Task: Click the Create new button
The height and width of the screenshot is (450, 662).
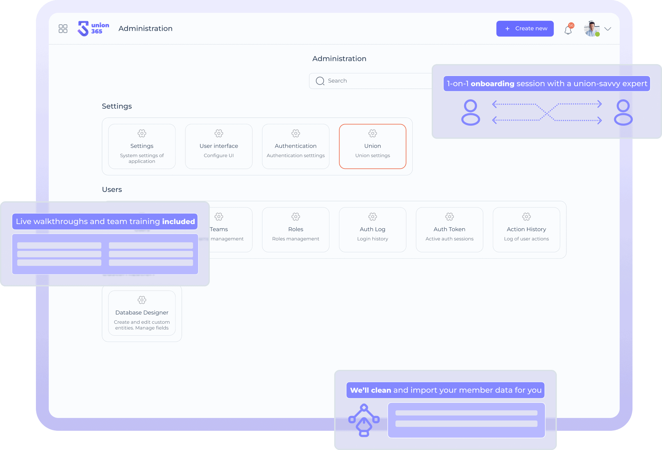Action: pos(525,29)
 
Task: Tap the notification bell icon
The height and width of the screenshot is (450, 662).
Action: pos(568,30)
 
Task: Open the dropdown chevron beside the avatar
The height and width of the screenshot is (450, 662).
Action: pos(607,29)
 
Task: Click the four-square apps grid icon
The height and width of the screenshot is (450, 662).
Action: pos(63,29)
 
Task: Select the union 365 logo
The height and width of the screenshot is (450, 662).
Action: pos(93,29)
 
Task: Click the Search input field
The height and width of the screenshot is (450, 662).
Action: pos(370,81)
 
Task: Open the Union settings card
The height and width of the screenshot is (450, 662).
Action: pos(372,146)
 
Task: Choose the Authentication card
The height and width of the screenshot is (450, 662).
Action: pos(295,146)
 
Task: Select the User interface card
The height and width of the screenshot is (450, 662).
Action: pos(218,146)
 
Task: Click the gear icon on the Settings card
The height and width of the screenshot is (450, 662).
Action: pos(142,133)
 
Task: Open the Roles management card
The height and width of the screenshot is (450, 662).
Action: pos(295,229)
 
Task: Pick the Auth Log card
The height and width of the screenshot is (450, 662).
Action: pos(372,229)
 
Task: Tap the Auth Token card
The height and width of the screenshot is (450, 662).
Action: pos(449,229)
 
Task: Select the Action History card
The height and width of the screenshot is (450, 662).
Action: pos(526,229)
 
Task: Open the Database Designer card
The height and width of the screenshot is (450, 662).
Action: pos(142,313)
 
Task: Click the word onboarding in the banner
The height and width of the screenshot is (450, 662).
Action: pos(492,84)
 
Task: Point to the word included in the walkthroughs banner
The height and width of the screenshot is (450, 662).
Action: pos(178,221)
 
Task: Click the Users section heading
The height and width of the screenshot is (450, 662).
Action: pos(112,189)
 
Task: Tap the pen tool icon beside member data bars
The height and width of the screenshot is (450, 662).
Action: pos(364,420)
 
